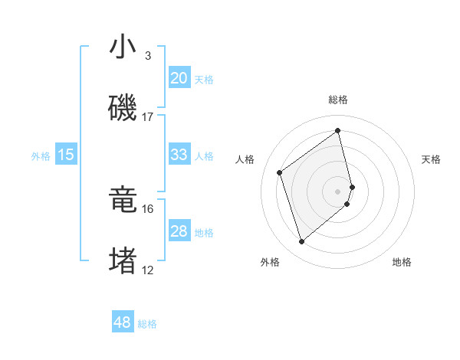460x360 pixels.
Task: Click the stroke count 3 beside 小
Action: pyautogui.click(x=147, y=56)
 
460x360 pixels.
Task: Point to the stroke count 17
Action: pyautogui.click(x=148, y=116)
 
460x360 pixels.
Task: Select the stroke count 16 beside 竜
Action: pyautogui.click(x=148, y=208)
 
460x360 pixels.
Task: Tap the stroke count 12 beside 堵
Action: pyautogui.click(x=148, y=270)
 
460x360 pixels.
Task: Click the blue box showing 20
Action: pyautogui.click(x=179, y=78)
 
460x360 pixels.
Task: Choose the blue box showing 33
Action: pyautogui.click(x=179, y=155)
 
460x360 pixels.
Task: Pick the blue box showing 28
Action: pyautogui.click(x=179, y=231)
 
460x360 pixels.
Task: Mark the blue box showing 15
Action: pyautogui.click(x=66, y=155)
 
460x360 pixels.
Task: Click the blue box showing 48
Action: pyautogui.click(x=123, y=322)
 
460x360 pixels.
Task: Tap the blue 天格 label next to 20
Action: pyautogui.click(x=204, y=80)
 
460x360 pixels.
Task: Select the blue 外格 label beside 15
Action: pyautogui.click(x=41, y=156)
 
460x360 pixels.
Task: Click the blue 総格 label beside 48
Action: pyautogui.click(x=147, y=324)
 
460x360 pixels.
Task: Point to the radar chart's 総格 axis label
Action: pyautogui.click(x=338, y=100)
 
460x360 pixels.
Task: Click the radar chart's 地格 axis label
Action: pyautogui.click(x=402, y=262)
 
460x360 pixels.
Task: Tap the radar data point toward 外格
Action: pyautogui.click(x=301, y=242)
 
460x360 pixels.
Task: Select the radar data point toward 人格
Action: pyautogui.click(x=280, y=172)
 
